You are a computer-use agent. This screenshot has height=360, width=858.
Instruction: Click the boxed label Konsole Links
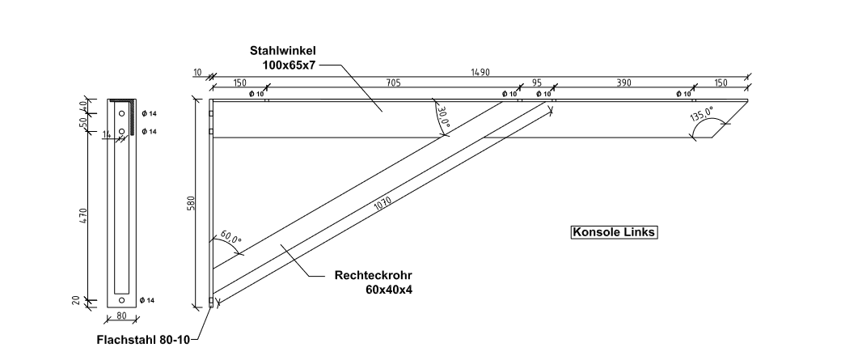pyautogui.click(x=615, y=232)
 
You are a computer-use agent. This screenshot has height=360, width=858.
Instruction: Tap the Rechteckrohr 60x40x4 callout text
pyautogui.click(x=368, y=282)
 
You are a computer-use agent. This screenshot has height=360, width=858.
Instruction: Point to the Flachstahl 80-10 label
pyautogui.click(x=142, y=340)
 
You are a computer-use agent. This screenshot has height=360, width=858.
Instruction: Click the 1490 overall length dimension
pyautogui.click(x=480, y=72)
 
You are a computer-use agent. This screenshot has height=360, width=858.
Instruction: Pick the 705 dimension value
pyautogui.click(x=392, y=83)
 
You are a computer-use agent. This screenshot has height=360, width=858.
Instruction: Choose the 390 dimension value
pyautogui.click(x=623, y=83)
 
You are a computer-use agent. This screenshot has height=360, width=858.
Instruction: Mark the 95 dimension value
pyautogui.click(x=535, y=83)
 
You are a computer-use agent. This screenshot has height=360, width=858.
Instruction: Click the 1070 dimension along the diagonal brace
pyautogui.click(x=387, y=205)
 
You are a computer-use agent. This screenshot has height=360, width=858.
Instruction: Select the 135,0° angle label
pyautogui.click(x=701, y=114)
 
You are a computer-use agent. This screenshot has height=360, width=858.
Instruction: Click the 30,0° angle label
pyautogui.click(x=442, y=117)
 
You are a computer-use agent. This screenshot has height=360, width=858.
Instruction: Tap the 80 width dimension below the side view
pyautogui.click(x=123, y=316)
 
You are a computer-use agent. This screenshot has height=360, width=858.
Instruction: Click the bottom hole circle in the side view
pyautogui.click(x=122, y=300)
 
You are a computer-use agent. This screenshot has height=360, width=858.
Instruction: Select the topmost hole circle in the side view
pyautogui.click(x=122, y=113)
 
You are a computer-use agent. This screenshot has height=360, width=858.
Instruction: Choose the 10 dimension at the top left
pyautogui.click(x=197, y=72)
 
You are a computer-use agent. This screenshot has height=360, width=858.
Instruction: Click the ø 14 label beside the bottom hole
pyautogui.click(x=147, y=301)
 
